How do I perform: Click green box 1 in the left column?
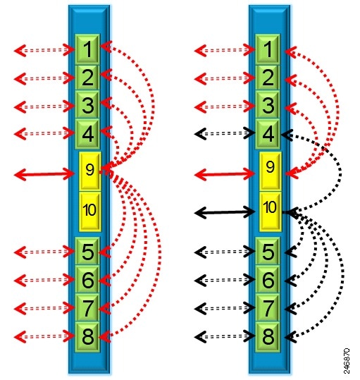87,49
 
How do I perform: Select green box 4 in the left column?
87,134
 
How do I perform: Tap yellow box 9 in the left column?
89,171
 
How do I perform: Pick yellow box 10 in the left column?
89,211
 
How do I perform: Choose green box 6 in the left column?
87,280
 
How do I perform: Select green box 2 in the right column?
268,78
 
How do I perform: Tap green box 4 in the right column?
268,134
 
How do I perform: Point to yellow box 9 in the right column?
271,171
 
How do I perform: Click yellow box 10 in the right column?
271,211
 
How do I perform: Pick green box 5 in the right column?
268,251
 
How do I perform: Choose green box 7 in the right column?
268,308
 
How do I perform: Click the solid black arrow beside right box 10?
225,212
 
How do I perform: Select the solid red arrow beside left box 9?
44,174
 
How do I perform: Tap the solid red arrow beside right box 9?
225,174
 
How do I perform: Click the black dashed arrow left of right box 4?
225,133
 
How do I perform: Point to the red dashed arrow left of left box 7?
44,308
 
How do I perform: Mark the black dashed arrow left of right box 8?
225,336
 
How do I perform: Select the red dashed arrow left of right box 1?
225,51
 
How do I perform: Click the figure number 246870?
347,361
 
